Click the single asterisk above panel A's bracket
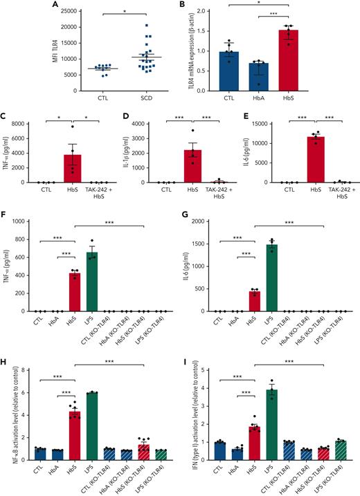point(102,11)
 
